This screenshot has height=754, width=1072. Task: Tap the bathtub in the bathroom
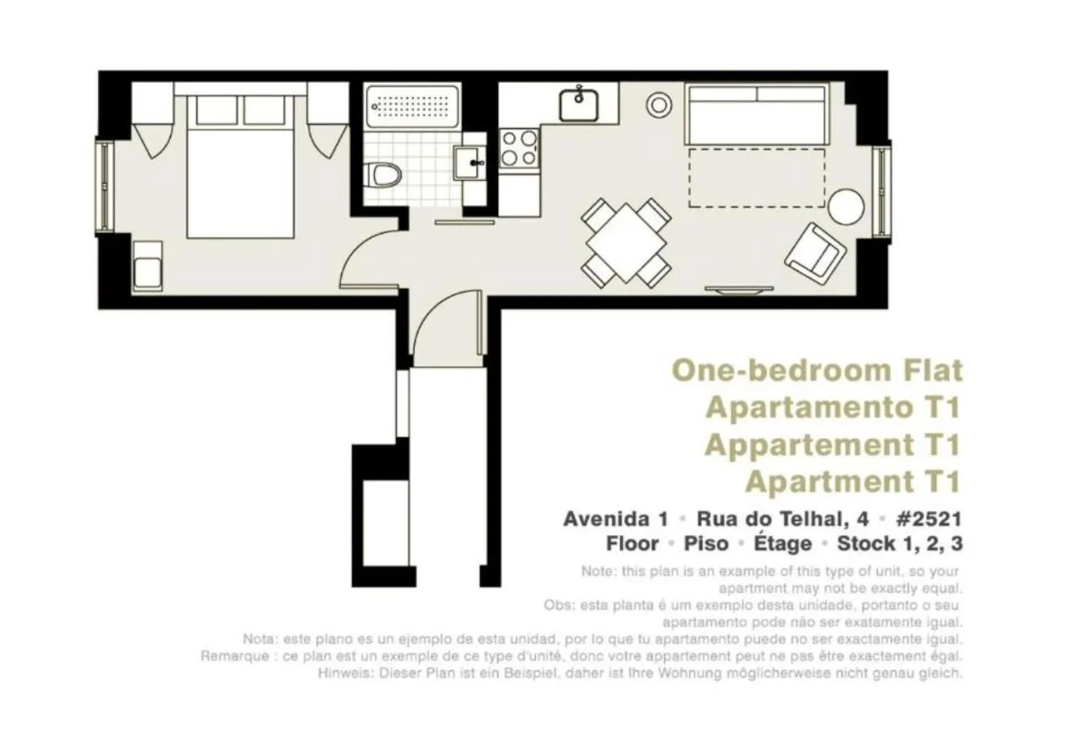pos(412,106)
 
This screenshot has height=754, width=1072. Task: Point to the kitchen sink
pos(579,104)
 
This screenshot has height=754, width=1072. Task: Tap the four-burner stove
pos(519,147)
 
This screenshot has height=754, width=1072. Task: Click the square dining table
pos(626,241)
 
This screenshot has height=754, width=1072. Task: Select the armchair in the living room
pos(814,252)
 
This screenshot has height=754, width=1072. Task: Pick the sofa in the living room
pos(756,114)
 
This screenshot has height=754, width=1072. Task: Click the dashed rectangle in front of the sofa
pos(756,178)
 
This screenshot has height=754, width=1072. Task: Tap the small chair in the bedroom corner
pos(147,264)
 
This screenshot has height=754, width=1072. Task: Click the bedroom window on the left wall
pos(105,186)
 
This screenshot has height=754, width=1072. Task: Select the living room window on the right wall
pos(881,192)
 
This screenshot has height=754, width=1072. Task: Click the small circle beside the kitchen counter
pos(659,104)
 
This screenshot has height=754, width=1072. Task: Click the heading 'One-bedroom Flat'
pos(817,369)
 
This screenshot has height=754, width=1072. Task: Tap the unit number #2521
pos(928,519)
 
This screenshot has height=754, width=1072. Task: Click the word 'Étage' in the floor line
pos(782,544)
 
